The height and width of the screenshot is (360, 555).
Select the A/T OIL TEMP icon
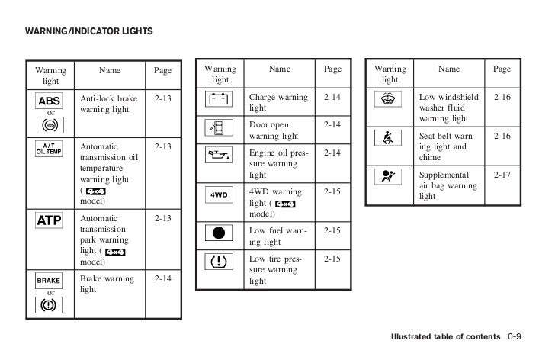[50, 147]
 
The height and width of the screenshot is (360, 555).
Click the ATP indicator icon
[50, 221]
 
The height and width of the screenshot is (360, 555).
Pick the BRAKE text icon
[50, 280]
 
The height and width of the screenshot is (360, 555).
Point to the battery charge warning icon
[220, 99]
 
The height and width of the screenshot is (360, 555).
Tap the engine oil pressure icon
[220, 157]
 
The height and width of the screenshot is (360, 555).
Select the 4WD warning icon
[220, 194]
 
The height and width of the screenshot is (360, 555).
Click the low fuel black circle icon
[220, 231]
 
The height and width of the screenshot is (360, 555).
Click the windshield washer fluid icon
[390, 99]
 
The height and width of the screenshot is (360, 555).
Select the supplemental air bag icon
[390, 176]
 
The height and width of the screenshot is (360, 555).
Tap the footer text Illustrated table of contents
[446, 337]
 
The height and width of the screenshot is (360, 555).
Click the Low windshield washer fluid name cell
[449, 108]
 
